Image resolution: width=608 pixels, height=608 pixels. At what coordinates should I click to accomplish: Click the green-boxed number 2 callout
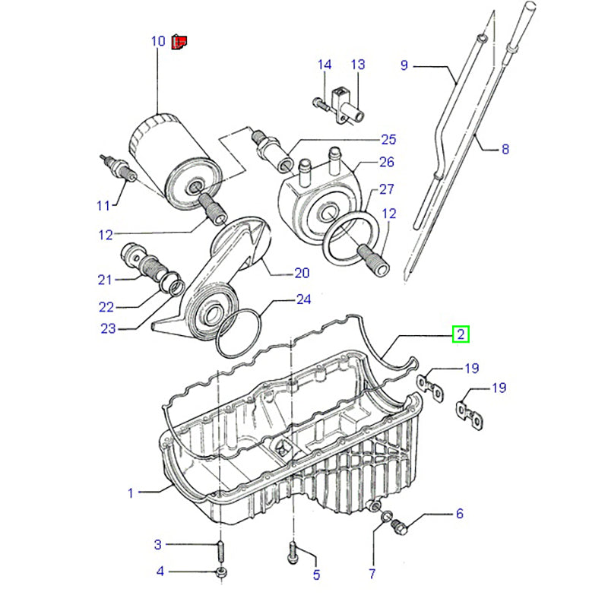(461, 334)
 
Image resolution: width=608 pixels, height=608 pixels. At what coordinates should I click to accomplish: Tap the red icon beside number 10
(179, 41)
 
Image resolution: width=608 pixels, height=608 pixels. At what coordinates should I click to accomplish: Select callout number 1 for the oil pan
(130, 493)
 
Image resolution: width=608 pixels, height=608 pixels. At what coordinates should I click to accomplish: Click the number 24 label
(303, 299)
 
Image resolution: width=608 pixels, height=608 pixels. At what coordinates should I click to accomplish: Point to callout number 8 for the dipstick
(505, 150)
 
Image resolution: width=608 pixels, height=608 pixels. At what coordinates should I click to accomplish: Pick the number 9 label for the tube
(404, 65)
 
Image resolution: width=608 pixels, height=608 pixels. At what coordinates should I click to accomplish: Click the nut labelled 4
(220, 572)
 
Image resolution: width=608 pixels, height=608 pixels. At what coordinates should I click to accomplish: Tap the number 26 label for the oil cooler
(386, 162)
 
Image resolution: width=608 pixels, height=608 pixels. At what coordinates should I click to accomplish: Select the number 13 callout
(358, 65)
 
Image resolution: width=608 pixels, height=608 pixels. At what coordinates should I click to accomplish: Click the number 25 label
(388, 139)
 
